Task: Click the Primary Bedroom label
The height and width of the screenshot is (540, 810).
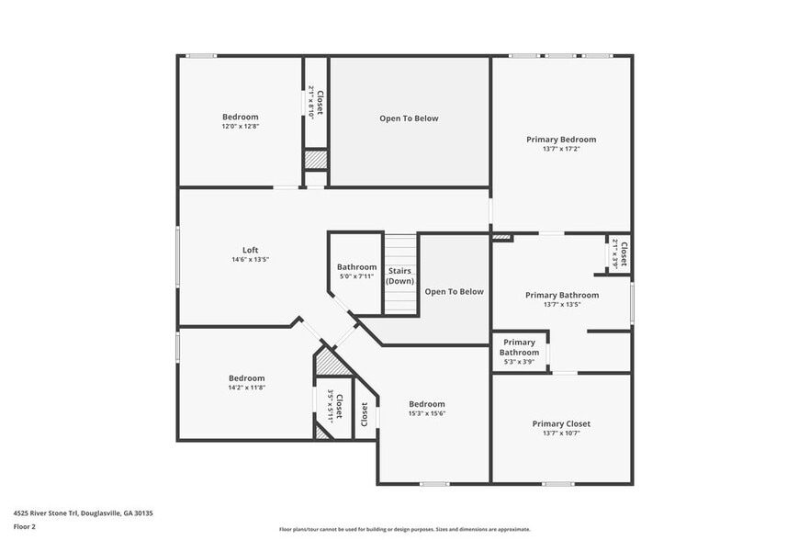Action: click(x=560, y=140)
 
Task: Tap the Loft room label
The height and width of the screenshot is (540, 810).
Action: click(x=250, y=250)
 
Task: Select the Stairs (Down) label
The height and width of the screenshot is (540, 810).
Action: click(x=399, y=276)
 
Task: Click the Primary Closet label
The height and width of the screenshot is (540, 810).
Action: click(x=561, y=423)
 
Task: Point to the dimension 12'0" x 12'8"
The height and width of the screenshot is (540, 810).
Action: click(x=240, y=127)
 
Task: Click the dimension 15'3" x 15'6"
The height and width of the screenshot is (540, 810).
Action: click(x=427, y=413)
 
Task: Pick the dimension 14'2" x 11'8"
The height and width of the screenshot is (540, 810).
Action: click(x=246, y=388)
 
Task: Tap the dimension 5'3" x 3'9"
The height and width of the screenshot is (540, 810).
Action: click(x=519, y=361)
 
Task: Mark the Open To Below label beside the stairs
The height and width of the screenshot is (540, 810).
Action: click(x=454, y=291)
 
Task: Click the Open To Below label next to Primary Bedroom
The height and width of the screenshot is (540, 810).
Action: click(x=409, y=118)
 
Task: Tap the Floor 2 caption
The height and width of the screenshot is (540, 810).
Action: click(x=25, y=527)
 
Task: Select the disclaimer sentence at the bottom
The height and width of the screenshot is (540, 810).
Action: click(x=404, y=530)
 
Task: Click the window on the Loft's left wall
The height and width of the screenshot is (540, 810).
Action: click(x=177, y=257)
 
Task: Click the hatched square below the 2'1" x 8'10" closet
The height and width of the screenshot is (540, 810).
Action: click(x=316, y=159)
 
